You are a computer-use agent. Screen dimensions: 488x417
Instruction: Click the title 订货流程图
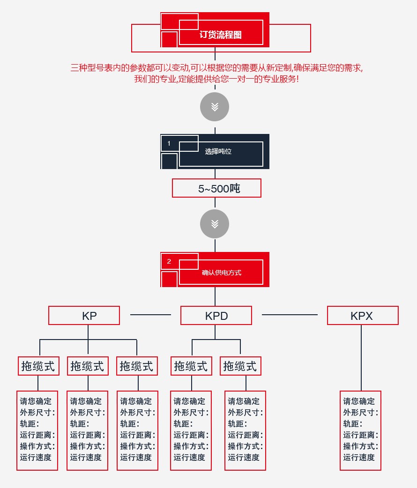[220, 35]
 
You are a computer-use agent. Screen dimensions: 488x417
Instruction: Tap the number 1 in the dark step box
[169, 143]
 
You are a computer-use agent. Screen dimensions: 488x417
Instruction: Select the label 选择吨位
[218, 151]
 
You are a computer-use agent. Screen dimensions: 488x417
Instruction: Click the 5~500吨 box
[216, 188]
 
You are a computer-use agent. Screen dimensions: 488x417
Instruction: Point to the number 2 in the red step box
[169, 261]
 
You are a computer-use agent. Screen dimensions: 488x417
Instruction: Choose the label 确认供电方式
[221, 273]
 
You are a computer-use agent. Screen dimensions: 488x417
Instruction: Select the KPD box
[216, 316]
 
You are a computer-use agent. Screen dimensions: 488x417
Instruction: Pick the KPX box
[362, 316]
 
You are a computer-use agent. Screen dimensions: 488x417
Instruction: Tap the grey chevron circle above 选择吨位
[215, 107]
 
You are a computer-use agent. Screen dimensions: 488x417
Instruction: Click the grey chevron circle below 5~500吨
[215, 224]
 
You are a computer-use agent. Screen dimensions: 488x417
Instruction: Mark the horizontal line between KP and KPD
[150, 315]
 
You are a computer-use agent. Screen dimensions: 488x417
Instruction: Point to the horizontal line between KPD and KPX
[289, 315]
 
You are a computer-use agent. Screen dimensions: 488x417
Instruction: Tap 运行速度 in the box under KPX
[359, 458]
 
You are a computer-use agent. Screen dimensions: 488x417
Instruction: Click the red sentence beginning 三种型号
[216, 67]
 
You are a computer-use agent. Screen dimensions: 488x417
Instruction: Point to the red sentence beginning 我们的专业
[216, 79]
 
